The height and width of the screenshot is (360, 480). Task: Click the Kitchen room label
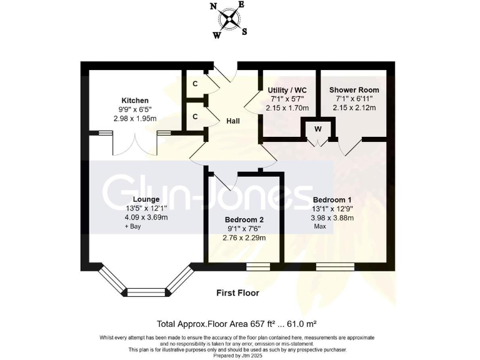click(135, 100)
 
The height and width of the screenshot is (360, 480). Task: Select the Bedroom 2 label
click(244, 219)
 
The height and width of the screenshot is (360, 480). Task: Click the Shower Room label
click(354, 90)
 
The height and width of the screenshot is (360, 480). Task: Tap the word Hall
click(234, 122)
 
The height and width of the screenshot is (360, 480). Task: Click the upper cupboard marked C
click(195, 84)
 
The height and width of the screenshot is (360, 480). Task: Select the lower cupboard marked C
click(195, 117)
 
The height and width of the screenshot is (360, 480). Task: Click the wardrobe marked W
click(318, 129)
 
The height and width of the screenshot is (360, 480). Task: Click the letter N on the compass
click(214, 7)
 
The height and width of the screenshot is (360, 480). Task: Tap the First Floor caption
click(237, 292)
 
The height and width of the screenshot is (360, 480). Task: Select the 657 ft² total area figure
click(259, 324)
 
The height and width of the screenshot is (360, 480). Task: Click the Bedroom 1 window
click(336, 267)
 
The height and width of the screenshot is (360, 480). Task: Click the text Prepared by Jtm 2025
click(240, 356)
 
